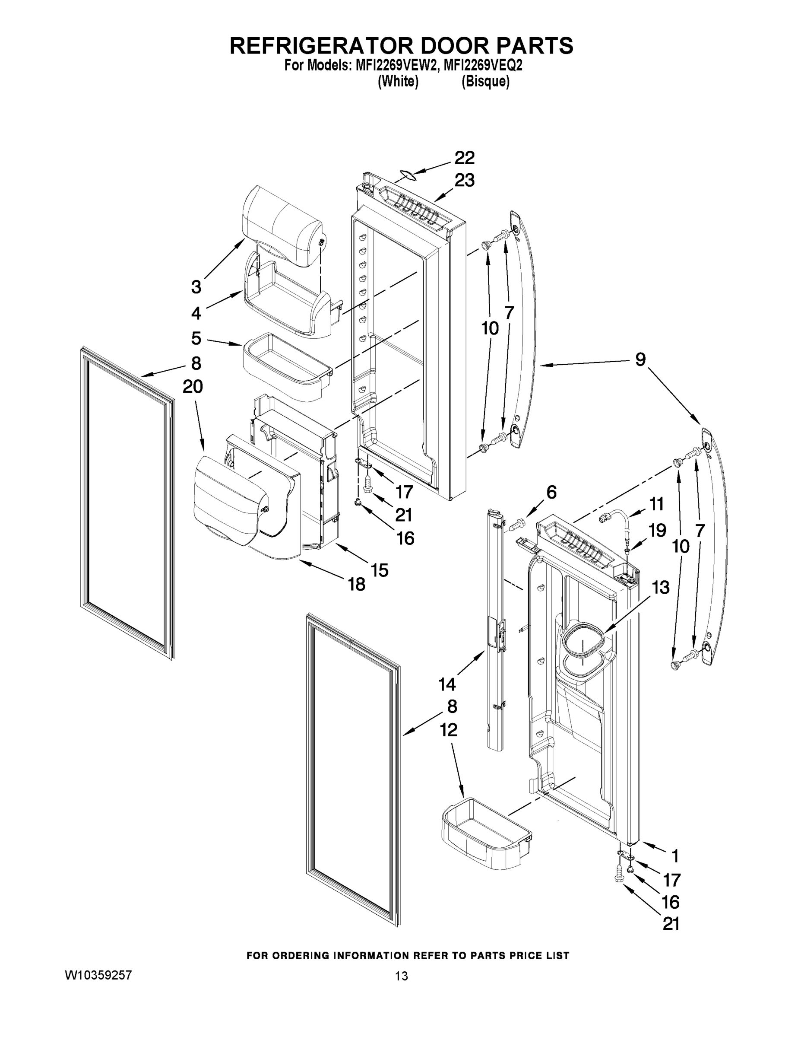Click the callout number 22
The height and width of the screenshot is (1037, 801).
(464, 158)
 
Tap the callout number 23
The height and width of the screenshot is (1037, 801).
(464, 181)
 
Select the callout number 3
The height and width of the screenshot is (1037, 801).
(196, 287)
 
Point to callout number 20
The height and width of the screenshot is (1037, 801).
(193, 387)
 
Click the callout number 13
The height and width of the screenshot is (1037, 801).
(661, 587)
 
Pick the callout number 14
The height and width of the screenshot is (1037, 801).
(447, 684)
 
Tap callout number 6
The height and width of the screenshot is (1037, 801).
(551, 493)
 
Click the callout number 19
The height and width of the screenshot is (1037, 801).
(658, 530)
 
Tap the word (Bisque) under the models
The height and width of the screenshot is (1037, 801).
(485, 82)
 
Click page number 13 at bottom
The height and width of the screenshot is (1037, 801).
(401, 976)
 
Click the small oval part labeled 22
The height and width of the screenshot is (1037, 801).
(406, 176)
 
